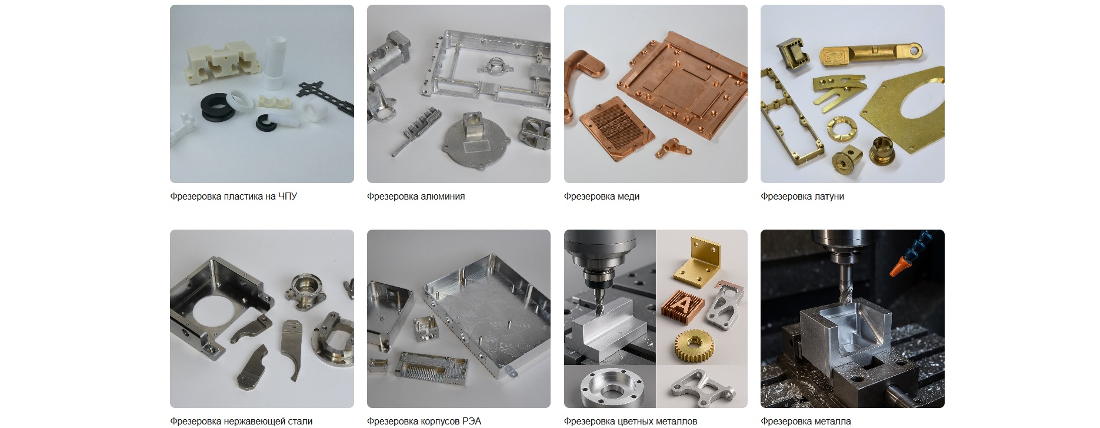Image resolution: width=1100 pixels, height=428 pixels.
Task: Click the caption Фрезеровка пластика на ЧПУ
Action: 234,197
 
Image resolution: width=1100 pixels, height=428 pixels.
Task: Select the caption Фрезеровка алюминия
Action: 416,197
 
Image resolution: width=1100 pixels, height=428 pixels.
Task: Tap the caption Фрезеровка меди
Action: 602,197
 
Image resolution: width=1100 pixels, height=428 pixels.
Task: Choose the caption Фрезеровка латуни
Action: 802,197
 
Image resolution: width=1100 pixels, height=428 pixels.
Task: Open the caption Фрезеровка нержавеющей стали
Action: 241,422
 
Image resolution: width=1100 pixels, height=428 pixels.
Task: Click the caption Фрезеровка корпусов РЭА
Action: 424,422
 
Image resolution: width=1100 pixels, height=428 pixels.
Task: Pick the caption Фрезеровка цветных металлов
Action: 631,422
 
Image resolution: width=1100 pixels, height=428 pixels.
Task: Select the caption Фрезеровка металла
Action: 806,422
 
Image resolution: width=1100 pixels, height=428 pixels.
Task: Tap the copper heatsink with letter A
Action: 683,305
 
